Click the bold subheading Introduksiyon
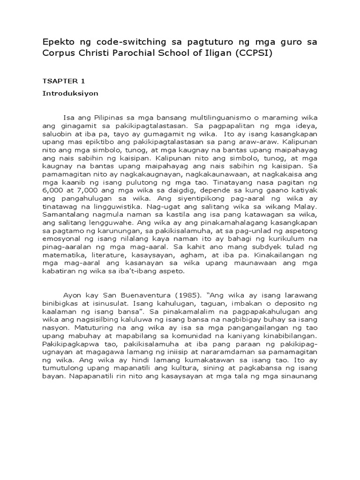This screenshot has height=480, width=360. (70, 93)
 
